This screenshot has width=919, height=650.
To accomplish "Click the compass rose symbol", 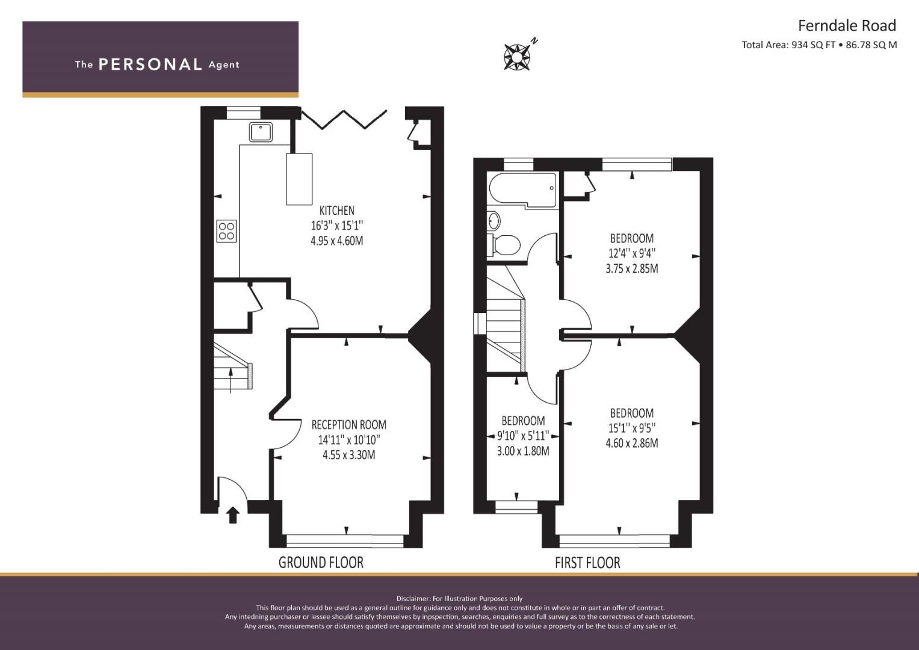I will pyautogui.click(x=516, y=57).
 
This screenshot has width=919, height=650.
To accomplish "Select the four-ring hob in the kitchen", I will pyautogui.click(x=227, y=231).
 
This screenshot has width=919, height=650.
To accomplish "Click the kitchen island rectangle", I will pyautogui.click(x=299, y=179).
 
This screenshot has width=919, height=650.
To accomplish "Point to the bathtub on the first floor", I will pyautogui.click(x=522, y=190).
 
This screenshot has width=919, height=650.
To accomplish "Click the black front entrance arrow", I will pyautogui.click(x=233, y=515).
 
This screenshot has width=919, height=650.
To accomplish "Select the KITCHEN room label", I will pyautogui.click(x=336, y=211).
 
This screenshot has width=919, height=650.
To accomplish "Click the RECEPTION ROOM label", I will pyautogui.click(x=348, y=425).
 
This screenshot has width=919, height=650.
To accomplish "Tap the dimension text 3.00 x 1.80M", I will pyautogui.click(x=522, y=451).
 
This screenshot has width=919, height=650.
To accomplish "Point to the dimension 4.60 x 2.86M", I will pyautogui.click(x=631, y=444).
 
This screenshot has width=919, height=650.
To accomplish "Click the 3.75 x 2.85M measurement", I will pyautogui.click(x=631, y=269).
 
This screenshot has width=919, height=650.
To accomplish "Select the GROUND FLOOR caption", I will pyautogui.click(x=321, y=563).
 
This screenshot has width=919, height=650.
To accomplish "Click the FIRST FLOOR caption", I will pyautogui.click(x=587, y=563).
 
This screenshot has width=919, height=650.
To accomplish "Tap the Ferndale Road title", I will pyautogui.click(x=846, y=26).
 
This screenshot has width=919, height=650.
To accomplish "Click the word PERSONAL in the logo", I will pyautogui.click(x=150, y=64).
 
